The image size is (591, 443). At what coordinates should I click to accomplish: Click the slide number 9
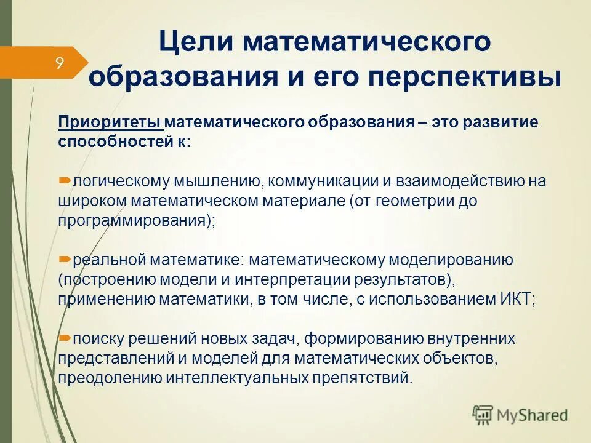[x=60, y=63]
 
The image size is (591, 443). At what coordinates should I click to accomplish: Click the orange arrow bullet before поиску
[x=65, y=338]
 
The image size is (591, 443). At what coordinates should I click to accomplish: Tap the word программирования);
[x=137, y=221]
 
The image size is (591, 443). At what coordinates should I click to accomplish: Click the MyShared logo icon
[x=483, y=415]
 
